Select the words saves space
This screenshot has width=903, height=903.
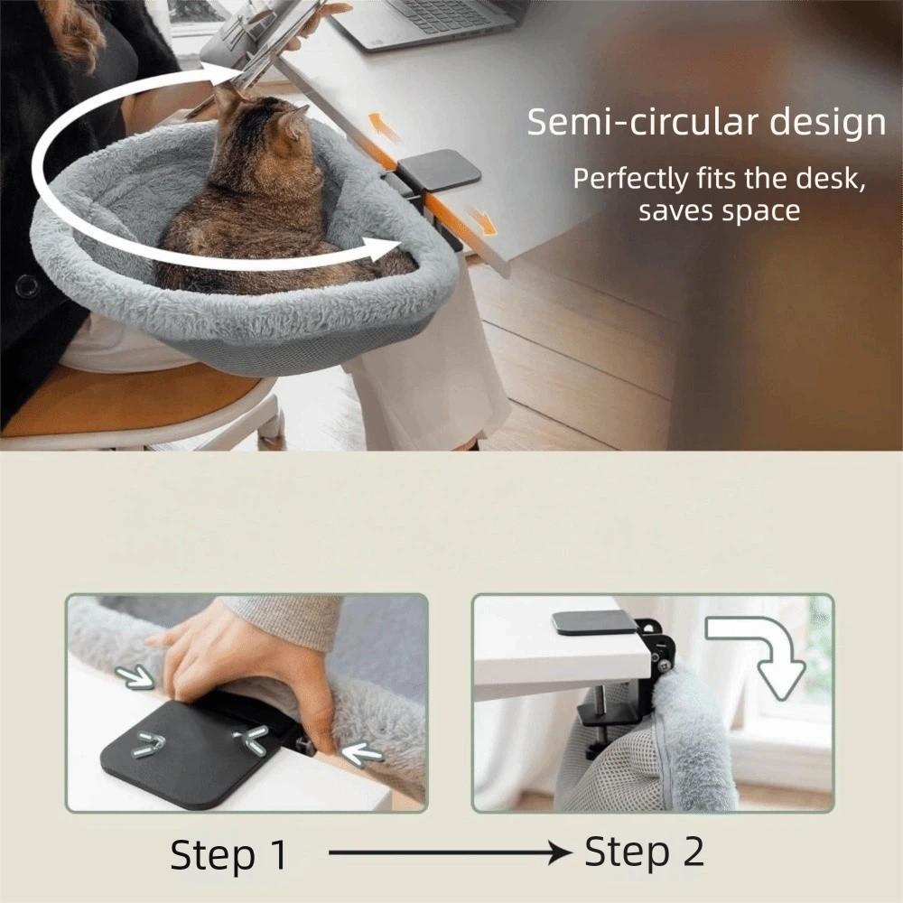[x=707, y=212]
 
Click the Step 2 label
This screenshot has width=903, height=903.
[x=644, y=852]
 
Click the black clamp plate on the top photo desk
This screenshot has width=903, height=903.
[x=439, y=172]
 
